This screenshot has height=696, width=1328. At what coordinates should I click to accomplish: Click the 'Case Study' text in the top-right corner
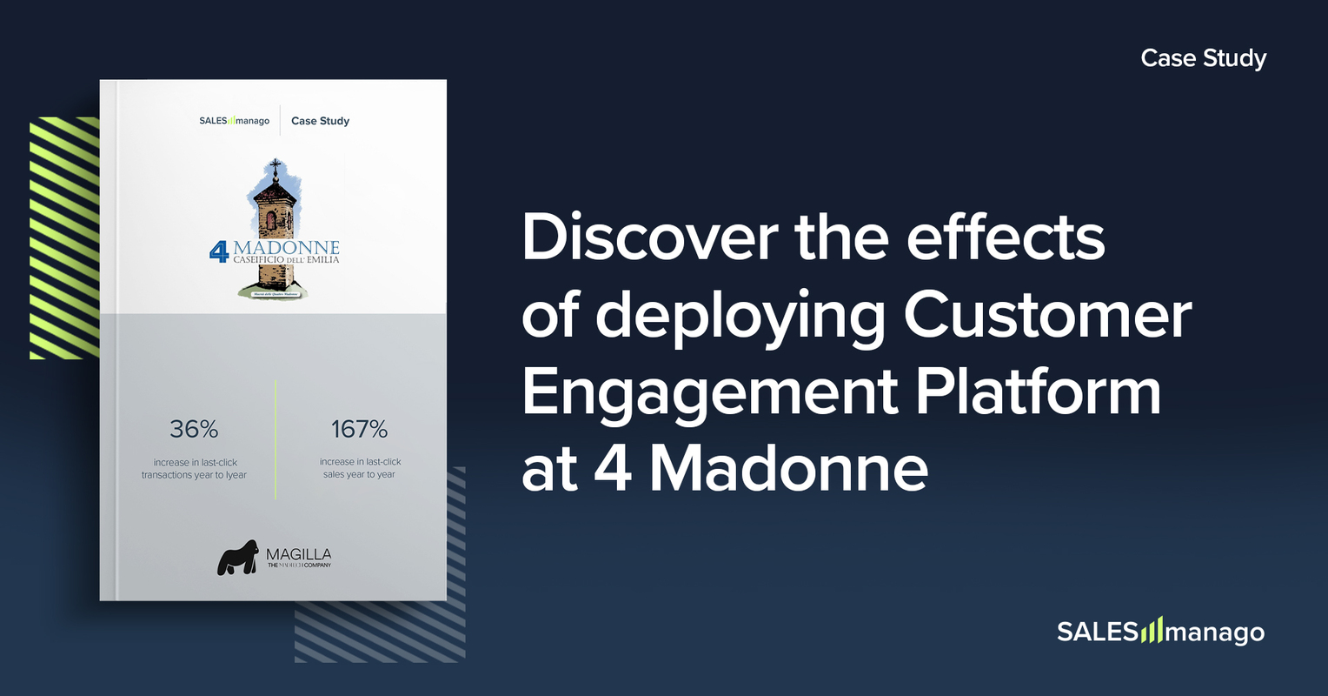click(1203, 58)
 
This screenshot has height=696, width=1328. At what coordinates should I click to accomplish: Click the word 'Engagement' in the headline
click(709, 393)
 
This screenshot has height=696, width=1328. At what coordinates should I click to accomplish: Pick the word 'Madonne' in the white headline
click(789, 469)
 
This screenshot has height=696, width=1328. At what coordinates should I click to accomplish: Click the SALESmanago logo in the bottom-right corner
click(1160, 631)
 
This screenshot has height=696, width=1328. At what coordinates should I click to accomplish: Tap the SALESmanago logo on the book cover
click(234, 121)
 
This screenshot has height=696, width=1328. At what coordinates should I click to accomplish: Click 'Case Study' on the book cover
click(320, 121)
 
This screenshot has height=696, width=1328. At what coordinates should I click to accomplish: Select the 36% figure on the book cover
click(194, 429)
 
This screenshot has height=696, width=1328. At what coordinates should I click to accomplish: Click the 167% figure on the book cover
click(359, 429)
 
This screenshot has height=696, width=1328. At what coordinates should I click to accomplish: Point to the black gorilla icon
click(237, 558)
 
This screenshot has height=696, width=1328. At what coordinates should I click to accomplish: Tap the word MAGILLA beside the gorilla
click(298, 554)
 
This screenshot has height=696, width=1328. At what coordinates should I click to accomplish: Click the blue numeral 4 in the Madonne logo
click(219, 251)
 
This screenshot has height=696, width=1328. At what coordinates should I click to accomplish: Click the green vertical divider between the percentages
click(276, 439)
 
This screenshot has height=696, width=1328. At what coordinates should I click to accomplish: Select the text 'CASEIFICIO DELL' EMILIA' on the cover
click(286, 260)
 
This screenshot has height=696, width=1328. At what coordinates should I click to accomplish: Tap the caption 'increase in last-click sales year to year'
click(360, 468)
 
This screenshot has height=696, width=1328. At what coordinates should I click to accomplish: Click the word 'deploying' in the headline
click(740, 316)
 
